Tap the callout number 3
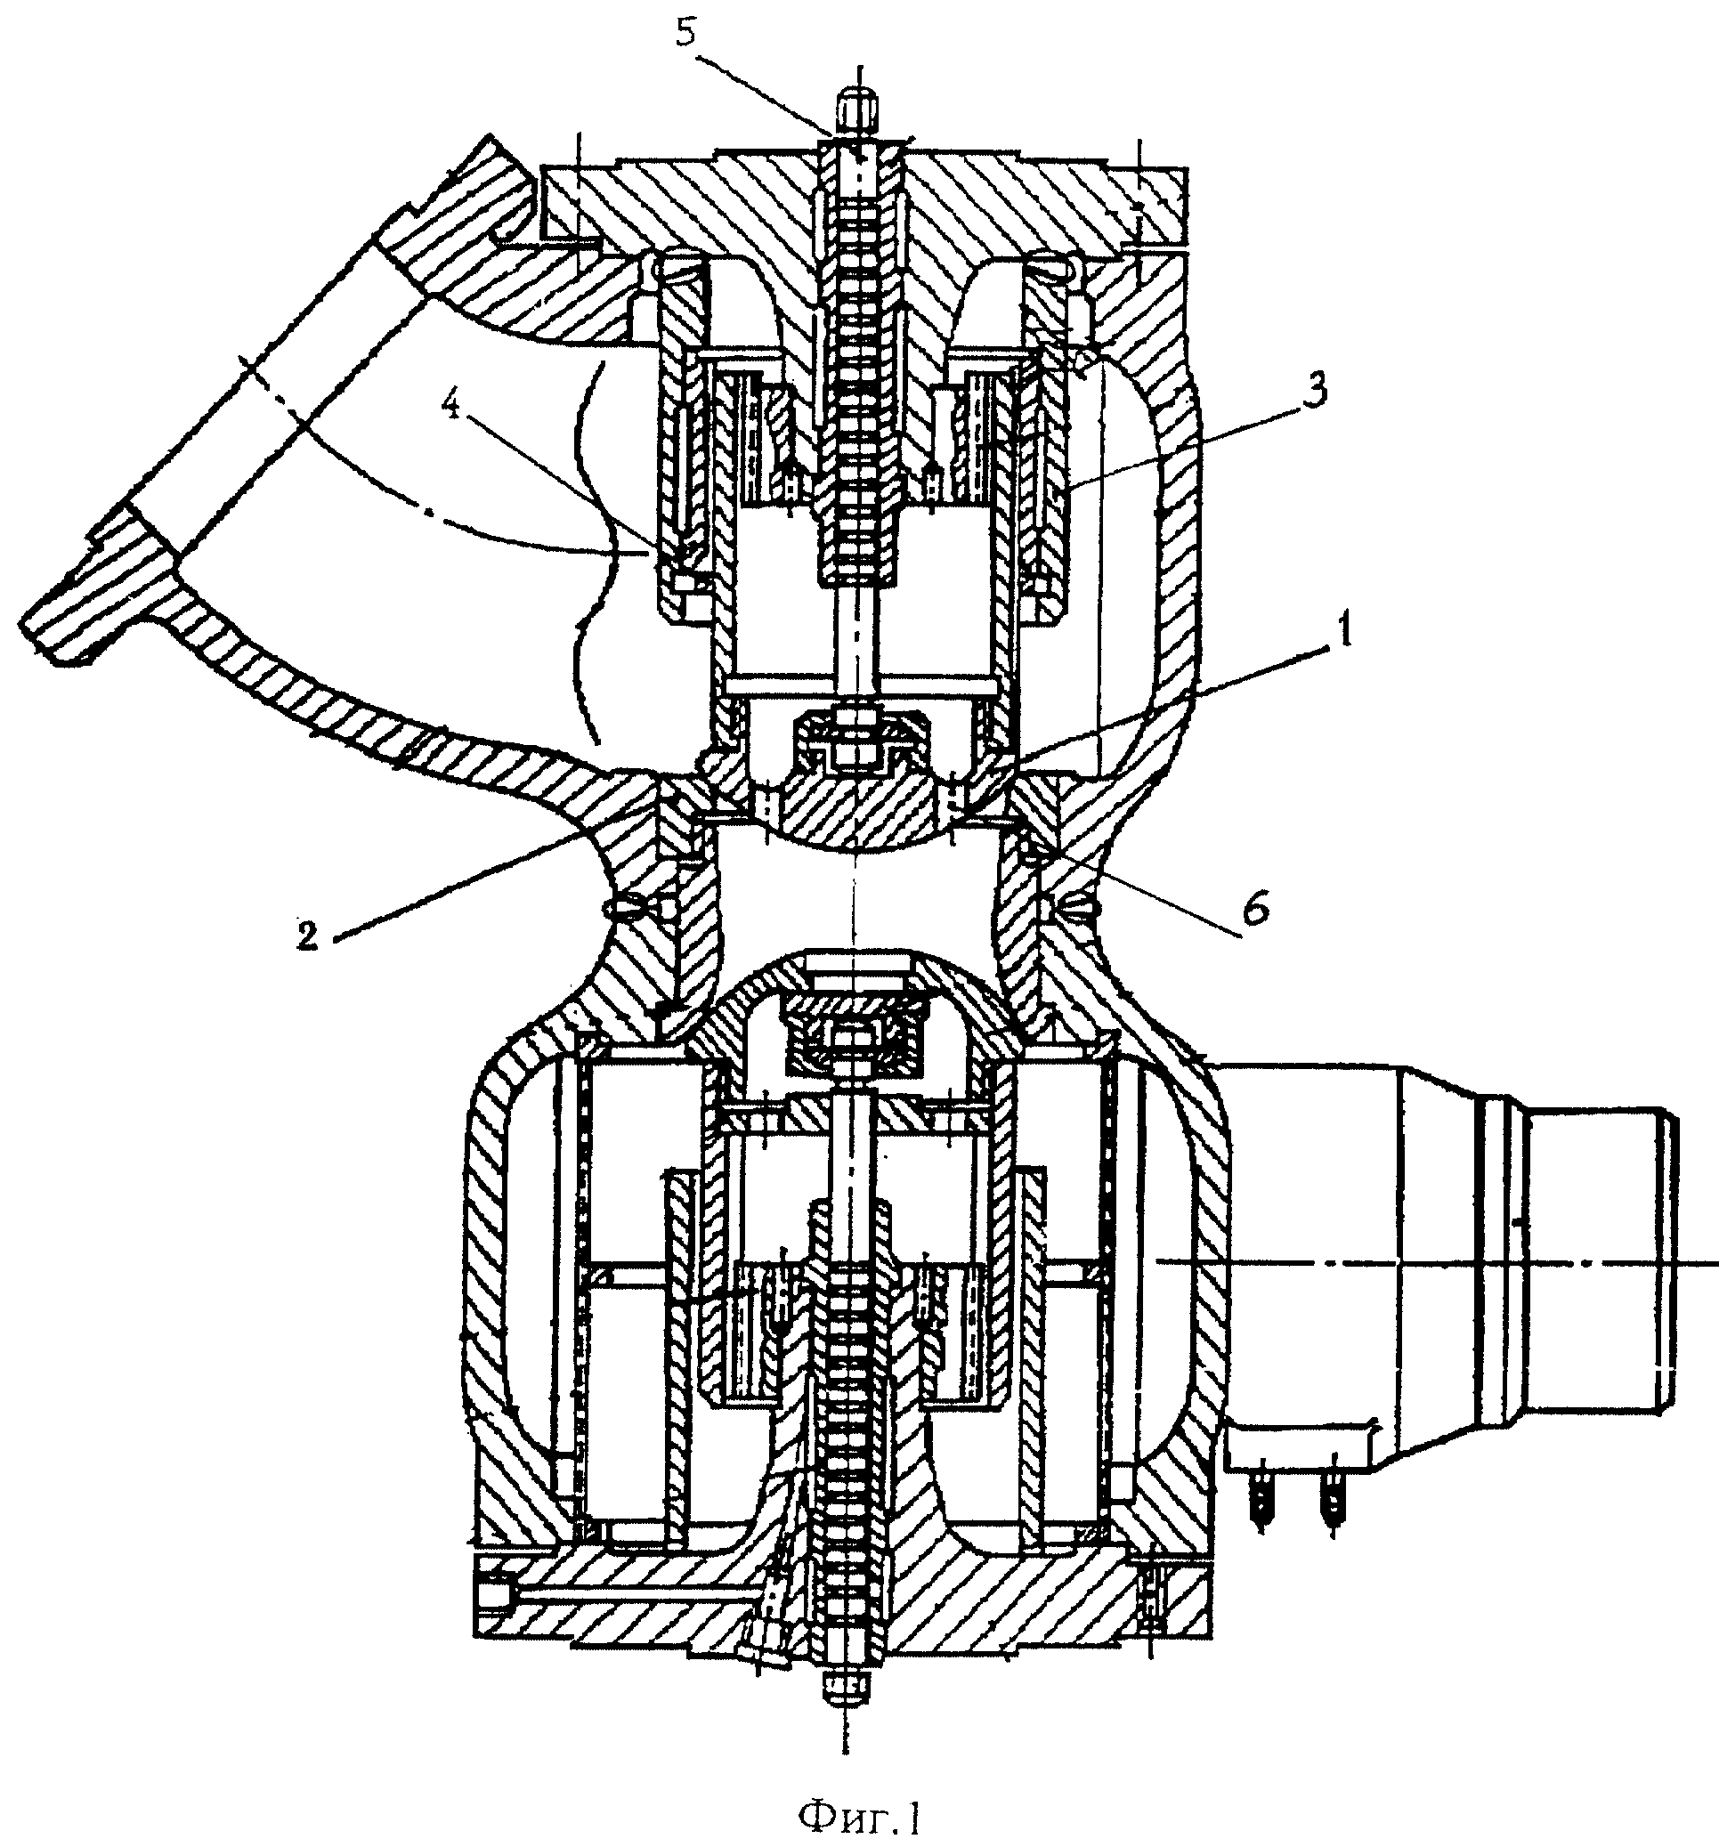1310,388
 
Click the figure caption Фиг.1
861,1813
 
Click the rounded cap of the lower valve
855,984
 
